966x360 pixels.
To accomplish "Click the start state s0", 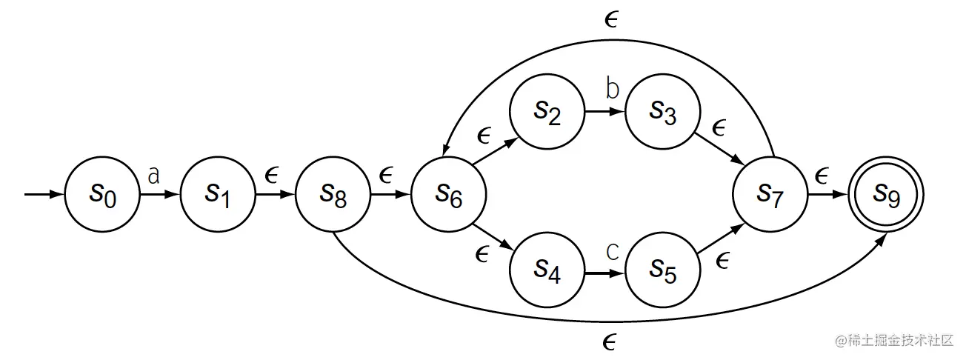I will tap(102, 196).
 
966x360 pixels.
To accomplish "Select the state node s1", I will tap(218, 196).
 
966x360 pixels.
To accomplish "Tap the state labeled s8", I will tap(333, 196).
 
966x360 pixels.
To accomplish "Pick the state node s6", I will tap(449, 196).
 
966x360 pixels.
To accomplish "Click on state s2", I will tap(547, 113).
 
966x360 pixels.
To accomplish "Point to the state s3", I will tap(663, 113).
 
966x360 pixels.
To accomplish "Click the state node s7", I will tap(770, 196).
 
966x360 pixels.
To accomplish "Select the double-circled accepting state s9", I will tap(886, 196).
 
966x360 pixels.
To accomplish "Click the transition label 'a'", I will tap(154, 175).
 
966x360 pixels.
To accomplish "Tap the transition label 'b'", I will tap(612, 89).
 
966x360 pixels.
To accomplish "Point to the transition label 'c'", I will tap(612, 252).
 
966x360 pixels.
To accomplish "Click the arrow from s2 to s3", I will tap(604, 113).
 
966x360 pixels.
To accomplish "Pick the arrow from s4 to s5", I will tap(604, 274).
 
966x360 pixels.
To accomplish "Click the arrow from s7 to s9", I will tap(827, 196).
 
